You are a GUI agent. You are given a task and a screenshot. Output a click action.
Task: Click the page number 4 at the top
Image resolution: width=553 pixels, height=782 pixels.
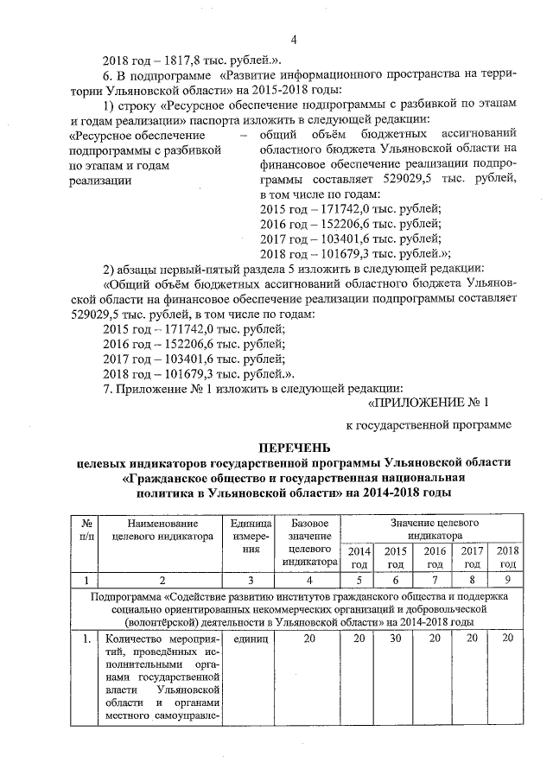pyautogui.click(x=294, y=39)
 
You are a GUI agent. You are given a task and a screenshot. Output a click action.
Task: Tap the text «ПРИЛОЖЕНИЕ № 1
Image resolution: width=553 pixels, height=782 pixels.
pyautogui.click(x=429, y=402)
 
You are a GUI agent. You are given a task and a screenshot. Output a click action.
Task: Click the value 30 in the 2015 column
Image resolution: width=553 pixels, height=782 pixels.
pyautogui.click(x=395, y=639)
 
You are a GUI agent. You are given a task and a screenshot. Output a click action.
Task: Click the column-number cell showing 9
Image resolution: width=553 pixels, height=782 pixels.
pyautogui.click(x=508, y=580)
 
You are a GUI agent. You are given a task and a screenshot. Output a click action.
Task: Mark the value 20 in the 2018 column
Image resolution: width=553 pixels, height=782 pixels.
pyautogui.click(x=508, y=639)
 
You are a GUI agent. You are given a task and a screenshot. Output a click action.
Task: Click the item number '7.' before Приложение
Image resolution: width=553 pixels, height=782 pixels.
pyautogui.click(x=108, y=388)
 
